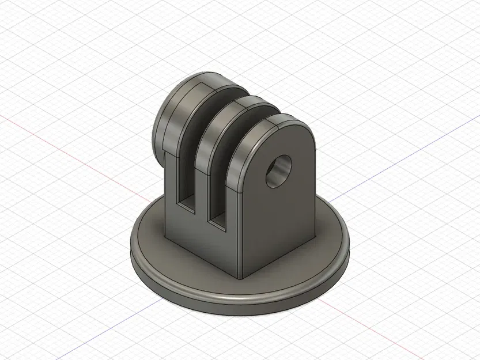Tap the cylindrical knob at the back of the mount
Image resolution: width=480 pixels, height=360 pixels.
click(164, 124)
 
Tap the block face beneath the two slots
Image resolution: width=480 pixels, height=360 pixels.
click(202, 242)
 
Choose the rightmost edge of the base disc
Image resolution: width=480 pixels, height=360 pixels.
click(349, 245)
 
